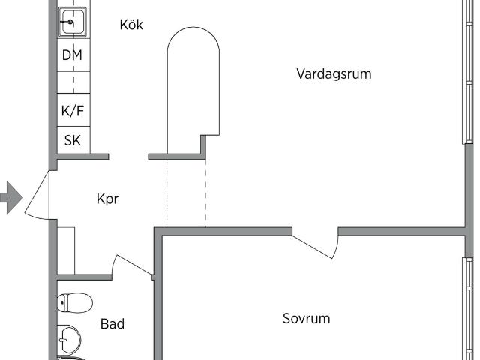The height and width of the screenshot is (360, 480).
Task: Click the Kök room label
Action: click(x=131, y=25)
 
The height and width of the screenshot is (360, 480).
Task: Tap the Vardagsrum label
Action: click(x=334, y=74)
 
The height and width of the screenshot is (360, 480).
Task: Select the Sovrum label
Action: click(x=306, y=318)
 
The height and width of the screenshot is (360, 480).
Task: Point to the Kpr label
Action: click(x=108, y=199)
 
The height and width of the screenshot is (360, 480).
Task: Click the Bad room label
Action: click(x=112, y=324)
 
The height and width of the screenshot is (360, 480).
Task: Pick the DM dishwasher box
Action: click(x=73, y=55)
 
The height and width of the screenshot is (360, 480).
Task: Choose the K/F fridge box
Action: click(x=73, y=111)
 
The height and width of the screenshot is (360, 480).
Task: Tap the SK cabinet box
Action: click(x=73, y=140)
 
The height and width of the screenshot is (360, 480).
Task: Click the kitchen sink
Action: click(x=73, y=22)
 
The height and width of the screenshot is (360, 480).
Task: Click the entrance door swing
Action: click(x=37, y=195)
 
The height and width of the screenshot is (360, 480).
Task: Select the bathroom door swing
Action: click(x=131, y=265)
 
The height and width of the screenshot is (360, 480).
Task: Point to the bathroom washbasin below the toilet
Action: click(x=70, y=340)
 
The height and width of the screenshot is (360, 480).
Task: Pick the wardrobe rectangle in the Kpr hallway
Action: click(x=66, y=250)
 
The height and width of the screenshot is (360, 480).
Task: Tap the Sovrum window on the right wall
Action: click(x=467, y=307)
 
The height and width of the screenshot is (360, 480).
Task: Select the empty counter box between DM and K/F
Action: click(x=73, y=82)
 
